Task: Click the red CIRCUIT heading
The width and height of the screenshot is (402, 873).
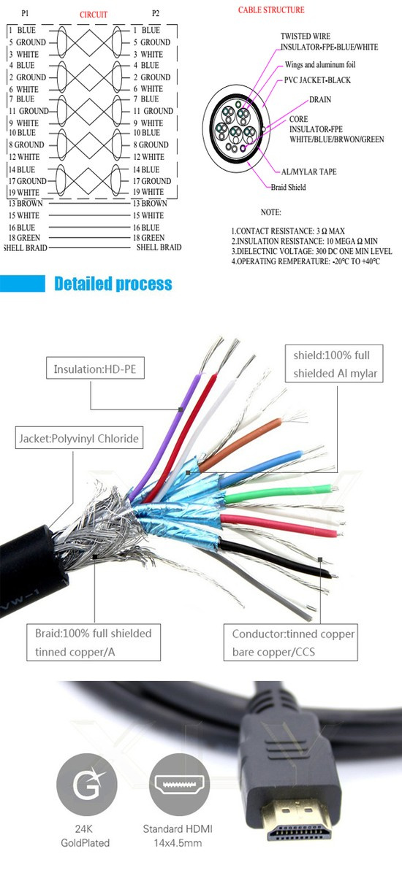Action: [x=93, y=15]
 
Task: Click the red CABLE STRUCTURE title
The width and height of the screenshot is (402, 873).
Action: [x=271, y=10]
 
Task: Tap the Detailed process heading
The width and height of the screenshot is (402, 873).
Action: [x=113, y=284]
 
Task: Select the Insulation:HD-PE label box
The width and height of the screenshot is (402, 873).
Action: [x=95, y=369]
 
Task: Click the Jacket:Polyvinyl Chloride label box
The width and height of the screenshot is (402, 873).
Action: [x=78, y=438]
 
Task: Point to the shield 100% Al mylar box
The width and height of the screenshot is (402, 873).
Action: [x=335, y=364]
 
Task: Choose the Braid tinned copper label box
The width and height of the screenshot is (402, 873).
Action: [x=94, y=642]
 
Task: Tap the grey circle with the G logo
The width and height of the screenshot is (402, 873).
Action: [x=86, y=785]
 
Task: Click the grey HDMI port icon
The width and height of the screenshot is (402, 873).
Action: [x=179, y=785]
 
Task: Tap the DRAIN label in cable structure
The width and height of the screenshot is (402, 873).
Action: [x=320, y=100]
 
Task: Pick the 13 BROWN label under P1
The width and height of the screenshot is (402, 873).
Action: [x=25, y=203]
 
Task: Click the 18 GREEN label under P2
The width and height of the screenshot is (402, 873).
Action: [x=148, y=238]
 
